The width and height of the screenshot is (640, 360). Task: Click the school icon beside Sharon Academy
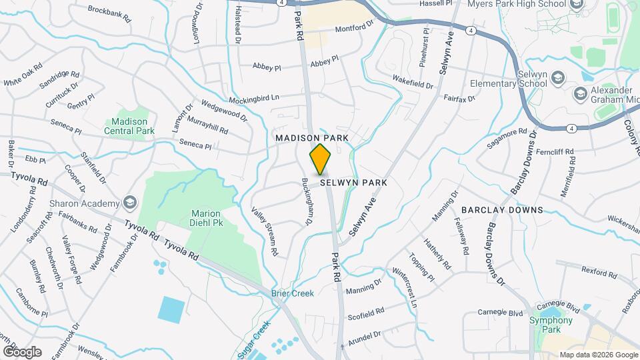130,203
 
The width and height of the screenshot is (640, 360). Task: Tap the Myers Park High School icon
577,4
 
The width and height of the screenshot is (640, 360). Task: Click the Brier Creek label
292,293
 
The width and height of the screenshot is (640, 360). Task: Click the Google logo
22,351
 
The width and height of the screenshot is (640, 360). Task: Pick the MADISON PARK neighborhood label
313,137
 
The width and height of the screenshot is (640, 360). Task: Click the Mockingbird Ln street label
253,99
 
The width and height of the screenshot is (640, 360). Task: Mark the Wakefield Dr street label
413,81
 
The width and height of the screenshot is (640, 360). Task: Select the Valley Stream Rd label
265,232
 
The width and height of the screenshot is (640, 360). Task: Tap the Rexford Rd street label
599,272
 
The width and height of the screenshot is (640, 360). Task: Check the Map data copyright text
597,355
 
